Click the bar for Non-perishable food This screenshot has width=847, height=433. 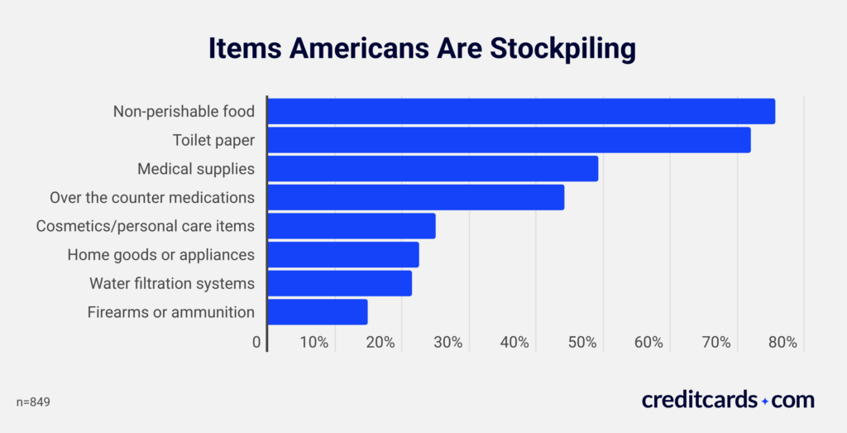(521, 111)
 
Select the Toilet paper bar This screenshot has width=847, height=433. (509, 140)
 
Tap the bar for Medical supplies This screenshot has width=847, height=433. (433, 169)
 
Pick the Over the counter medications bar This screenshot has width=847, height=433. (416, 197)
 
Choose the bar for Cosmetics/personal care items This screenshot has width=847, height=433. (352, 226)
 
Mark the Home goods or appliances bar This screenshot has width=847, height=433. (343, 255)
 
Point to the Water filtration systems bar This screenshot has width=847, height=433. (340, 283)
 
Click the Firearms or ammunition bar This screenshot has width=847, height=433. (318, 312)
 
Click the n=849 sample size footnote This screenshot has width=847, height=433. (34, 402)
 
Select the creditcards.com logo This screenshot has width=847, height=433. (728, 400)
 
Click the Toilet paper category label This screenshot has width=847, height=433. (213, 140)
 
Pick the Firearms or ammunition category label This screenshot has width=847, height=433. (170, 312)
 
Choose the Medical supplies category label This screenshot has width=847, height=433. (196, 169)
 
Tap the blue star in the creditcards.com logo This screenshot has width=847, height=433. (765, 401)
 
